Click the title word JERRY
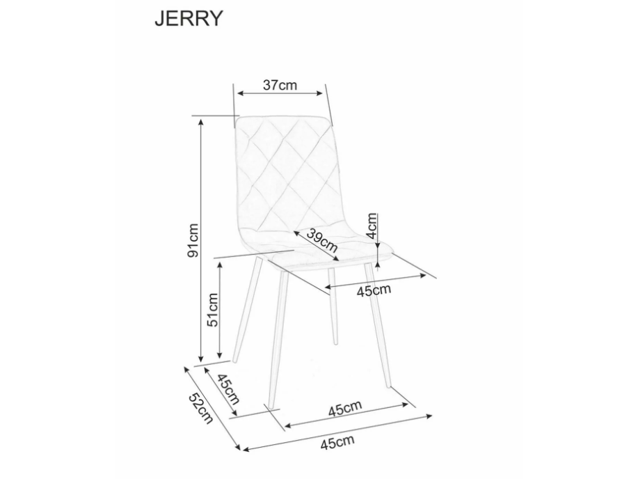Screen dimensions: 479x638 tap(188, 18)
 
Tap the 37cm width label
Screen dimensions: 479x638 tap(280, 85)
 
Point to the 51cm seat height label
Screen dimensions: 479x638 tap(213, 310)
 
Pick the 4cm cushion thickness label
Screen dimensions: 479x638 tap(373, 226)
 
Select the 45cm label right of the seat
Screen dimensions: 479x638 tap(374, 289)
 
